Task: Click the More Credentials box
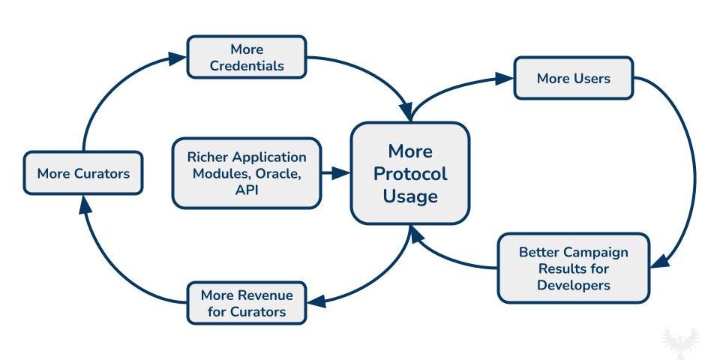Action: pyautogui.click(x=247, y=58)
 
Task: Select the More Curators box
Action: pyautogui.click(x=83, y=173)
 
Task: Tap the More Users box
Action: pyautogui.click(x=574, y=78)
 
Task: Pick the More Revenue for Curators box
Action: pyautogui.click(x=247, y=303)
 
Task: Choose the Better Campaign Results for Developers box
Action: pyautogui.click(x=574, y=268)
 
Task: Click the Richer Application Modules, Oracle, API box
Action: pyautogui.click(x=247, y=173)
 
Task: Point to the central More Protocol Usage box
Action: pyautogui.click(x=410, y=173)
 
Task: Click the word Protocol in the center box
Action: pyautogui.click(x=410, y=173)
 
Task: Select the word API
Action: pyautogui.click(x=247, y=190)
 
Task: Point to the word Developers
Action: pyautogui.click(x=574, y=285)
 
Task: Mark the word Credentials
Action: pyautogui.click(x=247, y=66)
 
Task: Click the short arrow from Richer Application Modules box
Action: pyautogui.click(x=336, y=173)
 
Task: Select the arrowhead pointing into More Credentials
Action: pyautogui.click(x=177, y=58)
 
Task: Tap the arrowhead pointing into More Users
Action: pyautogui.click(x=504, y=79)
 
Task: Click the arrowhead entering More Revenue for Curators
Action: pyautogui.click(x=316, y=301)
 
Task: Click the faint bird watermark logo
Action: pyautogui.click(x=681, y=342)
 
